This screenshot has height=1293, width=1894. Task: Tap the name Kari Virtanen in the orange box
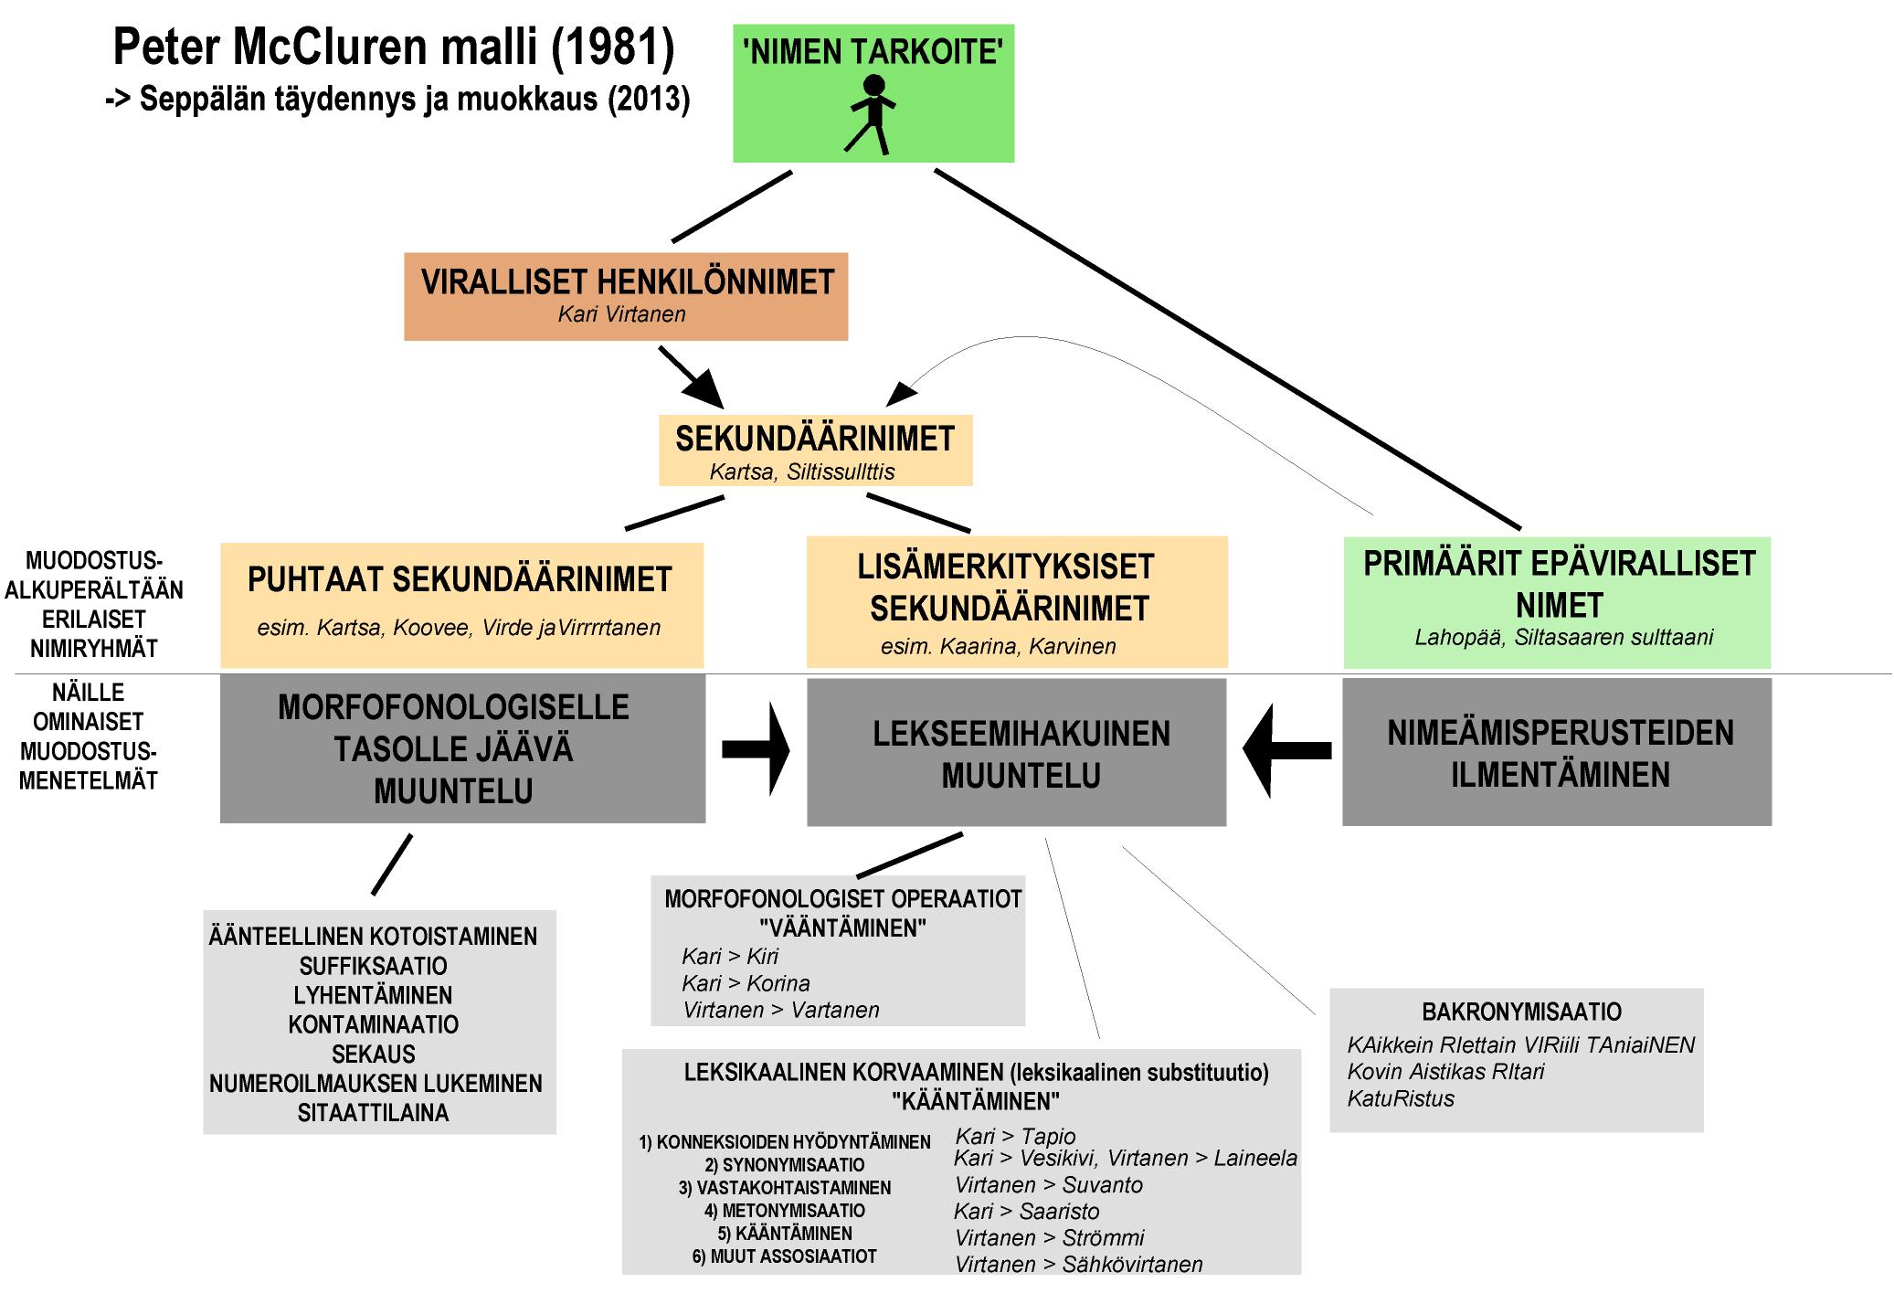[x=621, y=314]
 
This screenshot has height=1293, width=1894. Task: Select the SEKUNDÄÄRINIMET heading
[x=814, y=439]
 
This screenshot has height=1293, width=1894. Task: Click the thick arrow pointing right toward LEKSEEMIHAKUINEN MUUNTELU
[x=757, y=749]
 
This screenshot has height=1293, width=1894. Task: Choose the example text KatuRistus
[x=1401, y=1098]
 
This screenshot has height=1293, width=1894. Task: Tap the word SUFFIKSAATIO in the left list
[x=373, y=966]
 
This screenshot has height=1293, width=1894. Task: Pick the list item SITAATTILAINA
[x=373, y=1113]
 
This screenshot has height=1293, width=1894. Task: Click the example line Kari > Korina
[x=746, y=983]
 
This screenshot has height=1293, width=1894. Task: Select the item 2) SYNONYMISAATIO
[x=784, y=1165]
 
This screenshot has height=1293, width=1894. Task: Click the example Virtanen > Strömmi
[x=1049, y=1238]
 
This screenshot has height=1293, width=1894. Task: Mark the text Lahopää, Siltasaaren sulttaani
[x=1563, y=638]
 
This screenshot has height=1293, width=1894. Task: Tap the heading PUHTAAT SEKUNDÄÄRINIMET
[x=460, y=579]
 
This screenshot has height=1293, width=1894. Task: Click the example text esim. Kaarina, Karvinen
[x=998, y=647]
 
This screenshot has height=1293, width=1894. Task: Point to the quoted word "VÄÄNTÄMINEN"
[x=842, y=928]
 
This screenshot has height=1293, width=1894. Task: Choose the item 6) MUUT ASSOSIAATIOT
[x=784, y=1256]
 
